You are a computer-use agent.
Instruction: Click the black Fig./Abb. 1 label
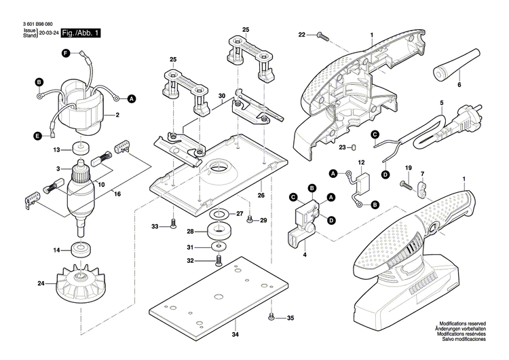click(x=81, y=33)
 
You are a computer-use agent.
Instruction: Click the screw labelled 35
click(x=271, y=317)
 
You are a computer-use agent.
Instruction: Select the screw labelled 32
click(x=219, y=260)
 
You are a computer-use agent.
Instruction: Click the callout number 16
click(x=117, y=194)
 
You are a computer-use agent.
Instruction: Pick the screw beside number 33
click(x=173, y=225)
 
